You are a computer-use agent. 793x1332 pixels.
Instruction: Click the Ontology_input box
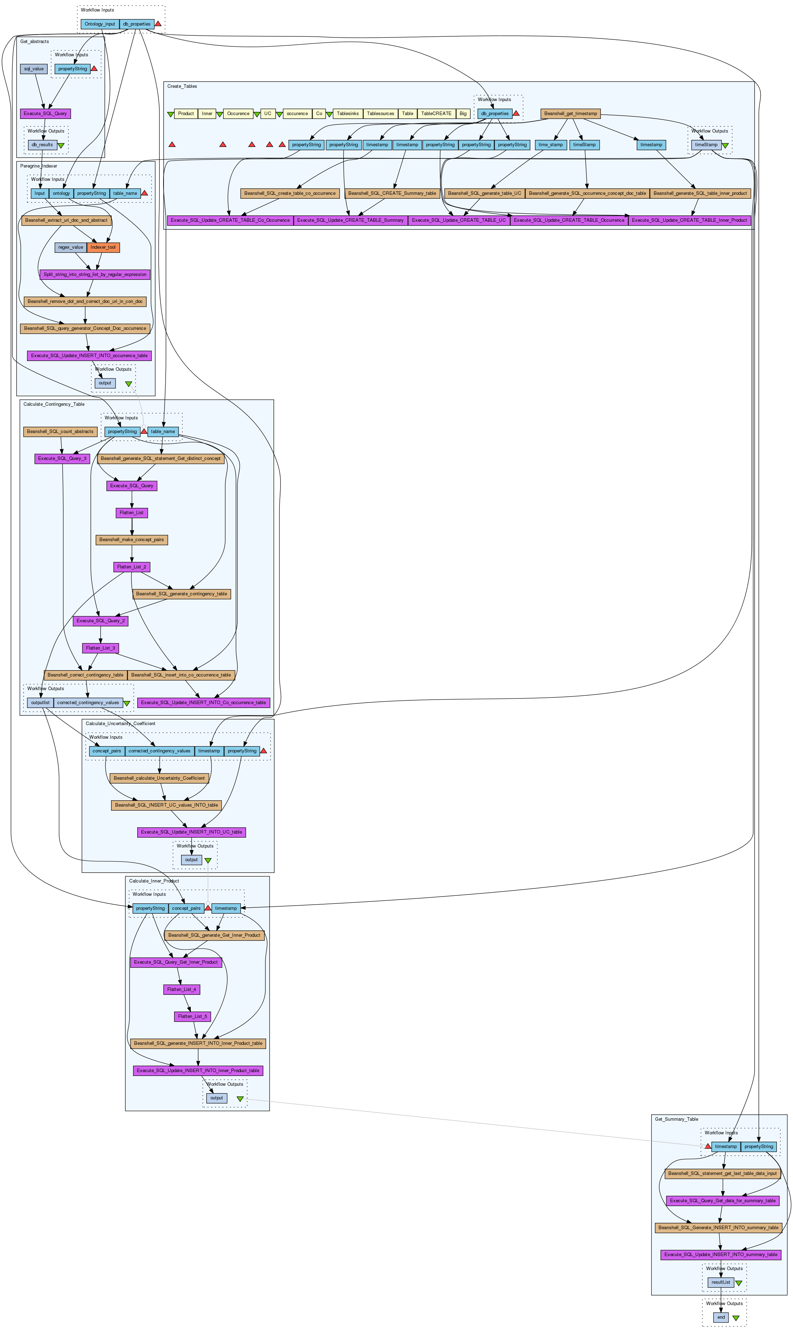[x=100, y=24]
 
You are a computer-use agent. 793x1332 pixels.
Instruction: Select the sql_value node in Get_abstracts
[x=34, y=69]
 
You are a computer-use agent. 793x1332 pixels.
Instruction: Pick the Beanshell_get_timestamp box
[x=571, y=114]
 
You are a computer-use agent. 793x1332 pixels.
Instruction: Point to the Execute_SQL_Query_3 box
[x=62, y=459]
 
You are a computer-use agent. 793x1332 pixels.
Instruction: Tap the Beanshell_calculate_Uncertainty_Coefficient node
[x=159, y=778]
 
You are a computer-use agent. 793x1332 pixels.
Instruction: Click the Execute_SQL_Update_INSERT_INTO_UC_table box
[x=191, y=832]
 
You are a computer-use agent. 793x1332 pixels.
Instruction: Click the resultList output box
[x=720, y=1282]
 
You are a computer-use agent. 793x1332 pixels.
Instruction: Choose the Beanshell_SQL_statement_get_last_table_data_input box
[x=723, y=1174]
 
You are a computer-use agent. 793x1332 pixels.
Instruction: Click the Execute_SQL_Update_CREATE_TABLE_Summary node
[x=350, y=220]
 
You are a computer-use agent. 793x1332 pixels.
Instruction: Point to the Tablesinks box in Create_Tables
[x=348, y=114]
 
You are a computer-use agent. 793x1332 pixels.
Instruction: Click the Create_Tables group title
[x=182, y=86]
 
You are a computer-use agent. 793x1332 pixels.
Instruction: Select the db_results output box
[x=42, y=145]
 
